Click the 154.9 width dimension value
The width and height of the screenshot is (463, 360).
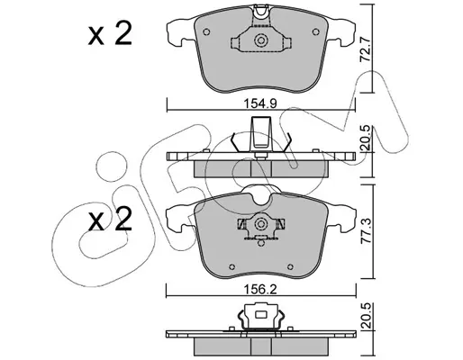pyautogui.click(x=259, y=103)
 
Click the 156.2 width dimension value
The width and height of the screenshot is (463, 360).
pyautogui.click(x=260, y=289)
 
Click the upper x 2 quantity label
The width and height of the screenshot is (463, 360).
pyautogui.click(x=110, y=34)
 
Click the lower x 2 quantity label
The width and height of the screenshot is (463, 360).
pyautogui.click(x=110, y=219)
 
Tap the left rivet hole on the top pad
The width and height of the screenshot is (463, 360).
pyautogui.click(x=206, y=31)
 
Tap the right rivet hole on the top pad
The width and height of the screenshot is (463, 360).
pyautogui.click(x=315, y=31)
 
